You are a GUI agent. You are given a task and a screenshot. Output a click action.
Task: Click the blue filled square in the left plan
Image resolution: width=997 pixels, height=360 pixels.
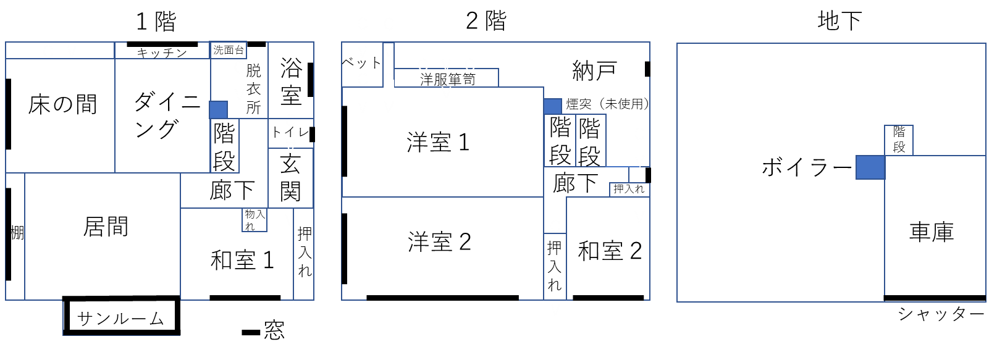218,110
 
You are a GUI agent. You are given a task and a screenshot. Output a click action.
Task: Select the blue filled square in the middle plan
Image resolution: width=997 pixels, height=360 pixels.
553,106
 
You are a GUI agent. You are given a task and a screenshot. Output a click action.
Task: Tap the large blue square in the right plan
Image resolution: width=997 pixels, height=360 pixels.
870,167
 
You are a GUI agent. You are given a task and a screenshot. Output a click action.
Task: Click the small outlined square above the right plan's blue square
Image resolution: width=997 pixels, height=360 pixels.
899,140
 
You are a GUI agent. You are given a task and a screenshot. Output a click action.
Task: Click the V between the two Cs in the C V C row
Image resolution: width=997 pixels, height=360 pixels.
446,65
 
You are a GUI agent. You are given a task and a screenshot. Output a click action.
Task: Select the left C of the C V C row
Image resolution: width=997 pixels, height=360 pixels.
423,65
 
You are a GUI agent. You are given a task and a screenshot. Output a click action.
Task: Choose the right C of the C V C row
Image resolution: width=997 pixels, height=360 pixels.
470,65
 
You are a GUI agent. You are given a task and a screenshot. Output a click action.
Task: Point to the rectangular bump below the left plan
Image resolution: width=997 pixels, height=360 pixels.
121,317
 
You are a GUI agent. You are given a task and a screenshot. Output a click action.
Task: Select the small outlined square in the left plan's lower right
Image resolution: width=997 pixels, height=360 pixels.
255,220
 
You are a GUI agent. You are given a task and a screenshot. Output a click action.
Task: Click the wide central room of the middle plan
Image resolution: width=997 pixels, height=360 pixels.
442,142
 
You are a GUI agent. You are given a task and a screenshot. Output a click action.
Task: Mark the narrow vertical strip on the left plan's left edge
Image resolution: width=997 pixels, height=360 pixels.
15,237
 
